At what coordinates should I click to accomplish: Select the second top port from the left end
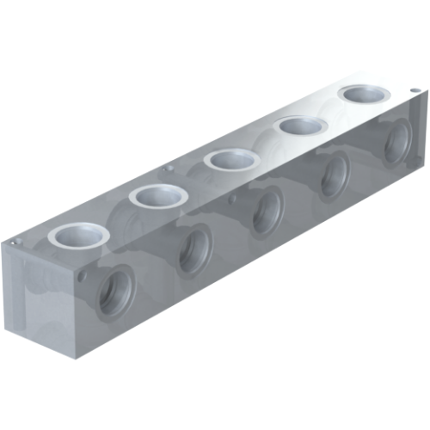click(x=158, y=196)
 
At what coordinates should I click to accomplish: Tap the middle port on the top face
click(x=231, y=159)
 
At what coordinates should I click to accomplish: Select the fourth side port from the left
click(x=334, y=174)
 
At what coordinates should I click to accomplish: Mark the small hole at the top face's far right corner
click(x=415, y=89)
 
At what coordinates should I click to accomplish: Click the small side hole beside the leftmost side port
click(x=83, y=277)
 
